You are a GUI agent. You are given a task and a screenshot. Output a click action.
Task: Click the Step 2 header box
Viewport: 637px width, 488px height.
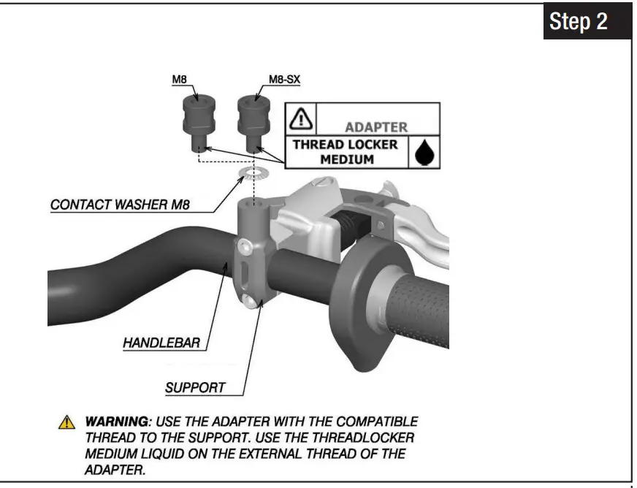(x=587, y=20)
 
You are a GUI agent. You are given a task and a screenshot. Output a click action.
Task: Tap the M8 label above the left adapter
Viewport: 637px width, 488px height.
(x=179, y=79)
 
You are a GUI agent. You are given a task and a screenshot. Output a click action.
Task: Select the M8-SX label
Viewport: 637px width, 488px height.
(x=284, y=79)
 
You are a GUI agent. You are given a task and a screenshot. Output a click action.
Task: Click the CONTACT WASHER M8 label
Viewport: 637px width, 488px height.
(x=120, y=205)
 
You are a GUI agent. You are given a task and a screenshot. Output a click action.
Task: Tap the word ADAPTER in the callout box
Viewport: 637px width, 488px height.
(x=376, y=127)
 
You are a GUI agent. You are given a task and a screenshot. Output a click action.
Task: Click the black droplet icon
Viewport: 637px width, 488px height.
(x=425, y=153)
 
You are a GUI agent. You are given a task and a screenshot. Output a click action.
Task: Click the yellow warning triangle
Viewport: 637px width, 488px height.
(x=66, y=422)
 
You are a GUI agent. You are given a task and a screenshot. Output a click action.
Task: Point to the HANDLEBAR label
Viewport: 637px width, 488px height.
(x=161, y=343)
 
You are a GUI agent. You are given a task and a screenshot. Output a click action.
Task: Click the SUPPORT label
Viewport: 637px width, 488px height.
(x=195, y=388)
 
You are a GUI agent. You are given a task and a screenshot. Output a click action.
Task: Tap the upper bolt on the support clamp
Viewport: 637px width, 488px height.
(x=245, y=245)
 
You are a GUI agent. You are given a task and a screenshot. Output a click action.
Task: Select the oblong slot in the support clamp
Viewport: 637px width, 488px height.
(x=244, y=273)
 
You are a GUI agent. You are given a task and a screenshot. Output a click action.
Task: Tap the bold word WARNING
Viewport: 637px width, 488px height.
(x=117, y=422)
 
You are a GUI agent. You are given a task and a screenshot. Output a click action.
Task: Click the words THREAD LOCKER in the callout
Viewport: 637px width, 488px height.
(x=346, y=145)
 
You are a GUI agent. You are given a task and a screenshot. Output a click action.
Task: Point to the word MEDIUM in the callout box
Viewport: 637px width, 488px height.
(x=347, y=159)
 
